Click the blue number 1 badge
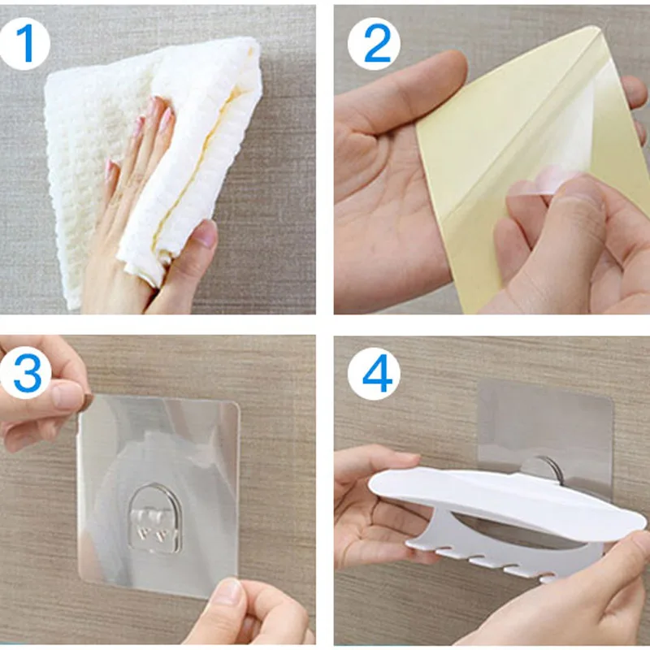point(25,43)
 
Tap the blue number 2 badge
point(374,43)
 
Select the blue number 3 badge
point(26,372)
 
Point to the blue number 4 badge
point(374,373)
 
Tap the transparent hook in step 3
point(155,518)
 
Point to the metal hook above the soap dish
point(543,469)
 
